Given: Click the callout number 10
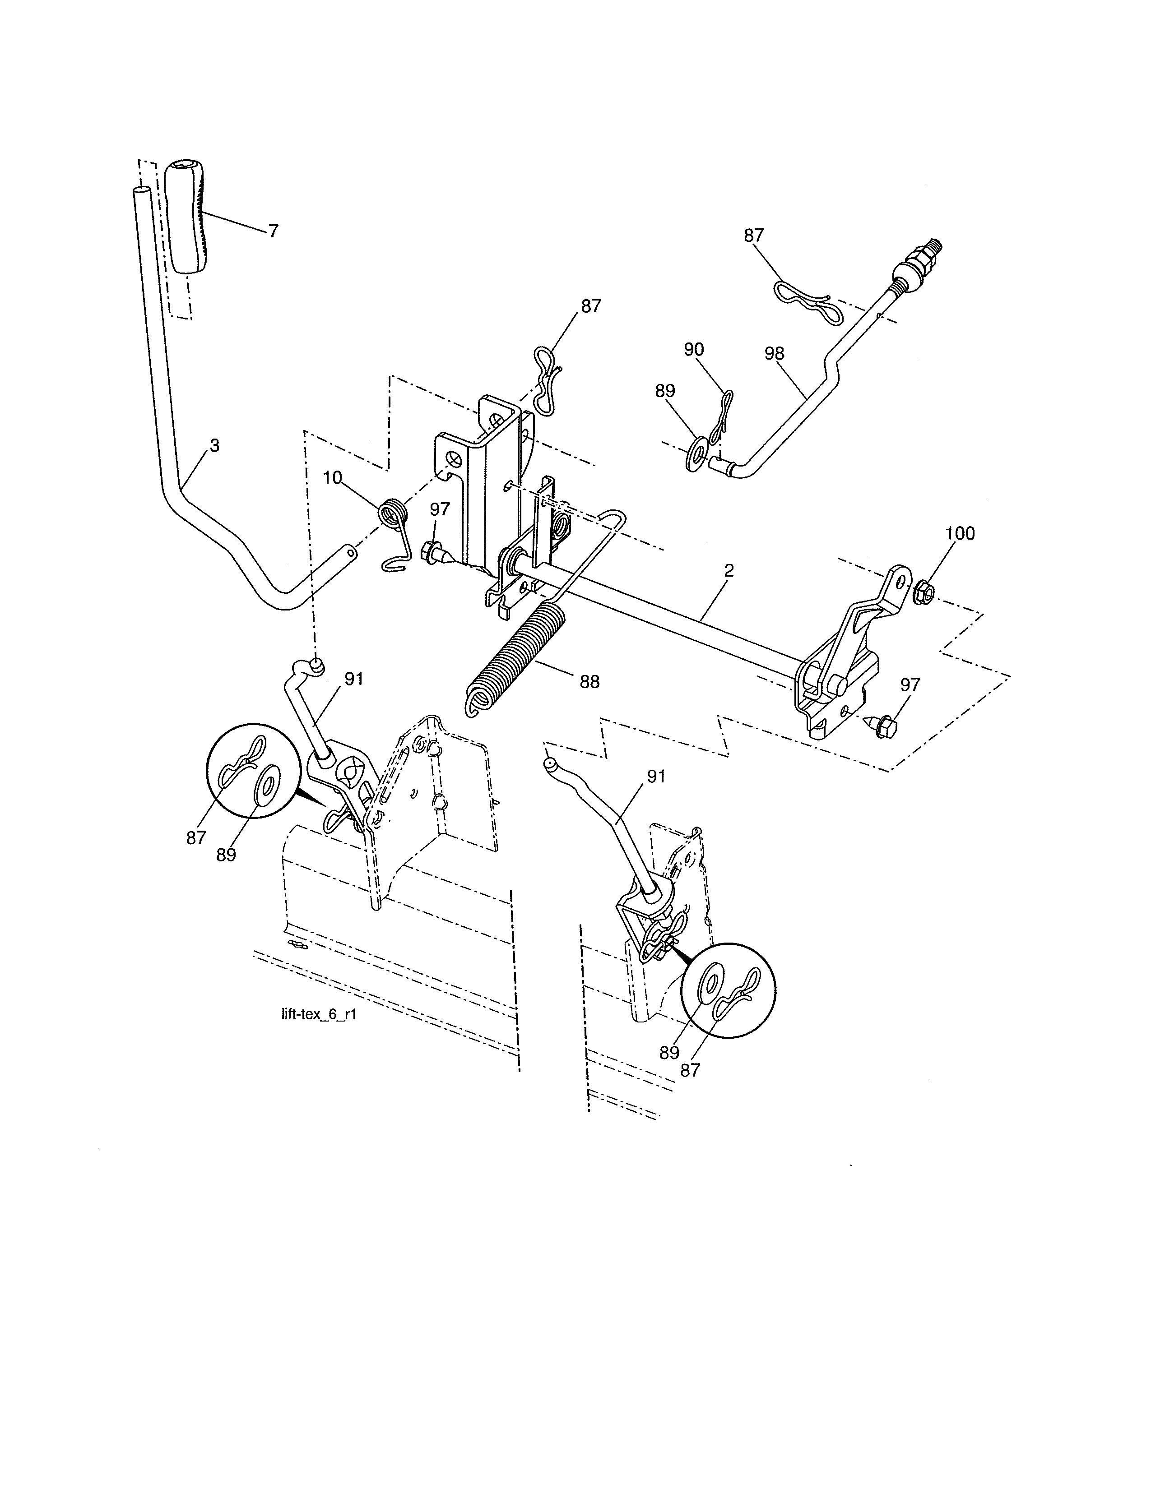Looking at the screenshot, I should tap(332, 477).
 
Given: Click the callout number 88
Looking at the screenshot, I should tap(589, 681).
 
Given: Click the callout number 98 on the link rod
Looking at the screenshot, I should tap(774, 353).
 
